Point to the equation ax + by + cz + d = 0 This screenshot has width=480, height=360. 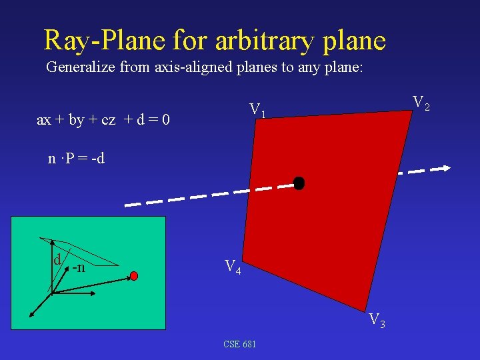103,120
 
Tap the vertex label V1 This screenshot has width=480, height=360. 257,110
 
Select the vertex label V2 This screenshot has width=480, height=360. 421,103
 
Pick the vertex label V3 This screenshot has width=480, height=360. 377,320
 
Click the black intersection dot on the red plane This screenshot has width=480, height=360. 299,183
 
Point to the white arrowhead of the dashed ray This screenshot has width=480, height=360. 443,169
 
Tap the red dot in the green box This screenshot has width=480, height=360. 134,275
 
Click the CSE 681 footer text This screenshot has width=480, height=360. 240,344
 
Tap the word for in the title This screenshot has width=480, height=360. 191,41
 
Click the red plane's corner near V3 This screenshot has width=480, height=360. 369,308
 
